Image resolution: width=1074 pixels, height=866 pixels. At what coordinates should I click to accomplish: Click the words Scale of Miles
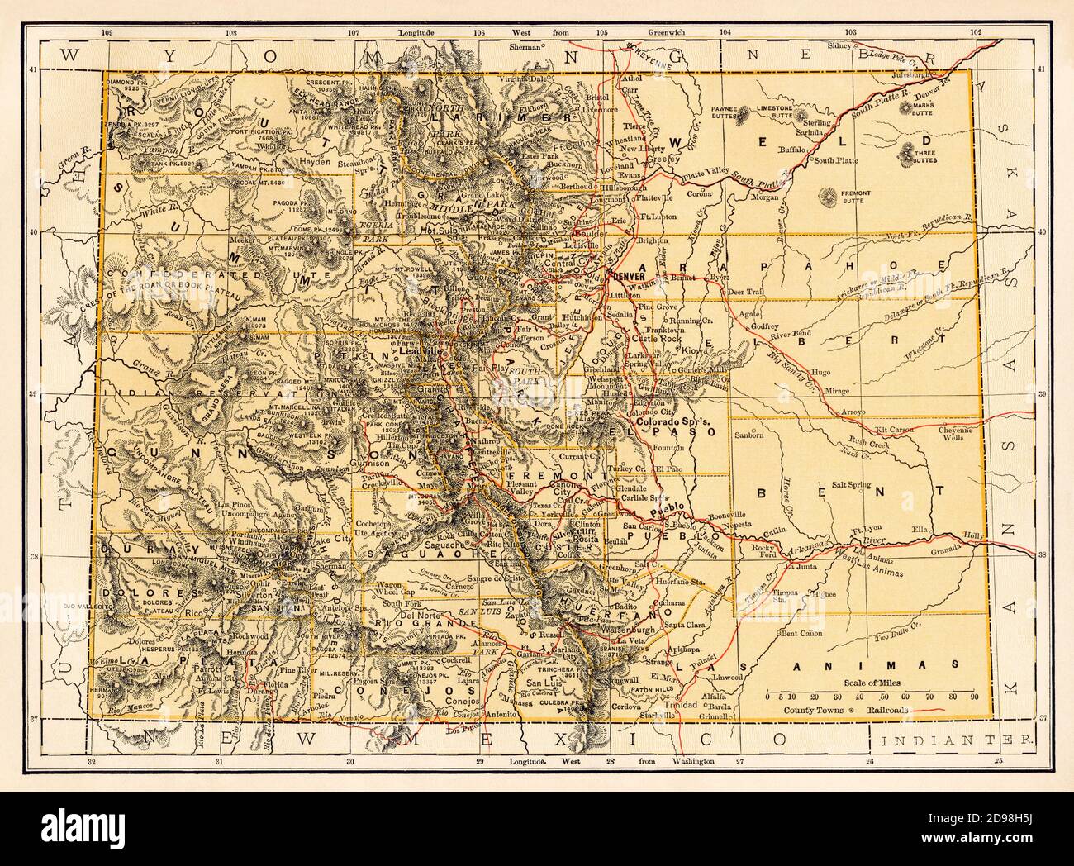[871, 683]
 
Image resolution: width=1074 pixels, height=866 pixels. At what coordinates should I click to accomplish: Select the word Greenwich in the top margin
[668, 55]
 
